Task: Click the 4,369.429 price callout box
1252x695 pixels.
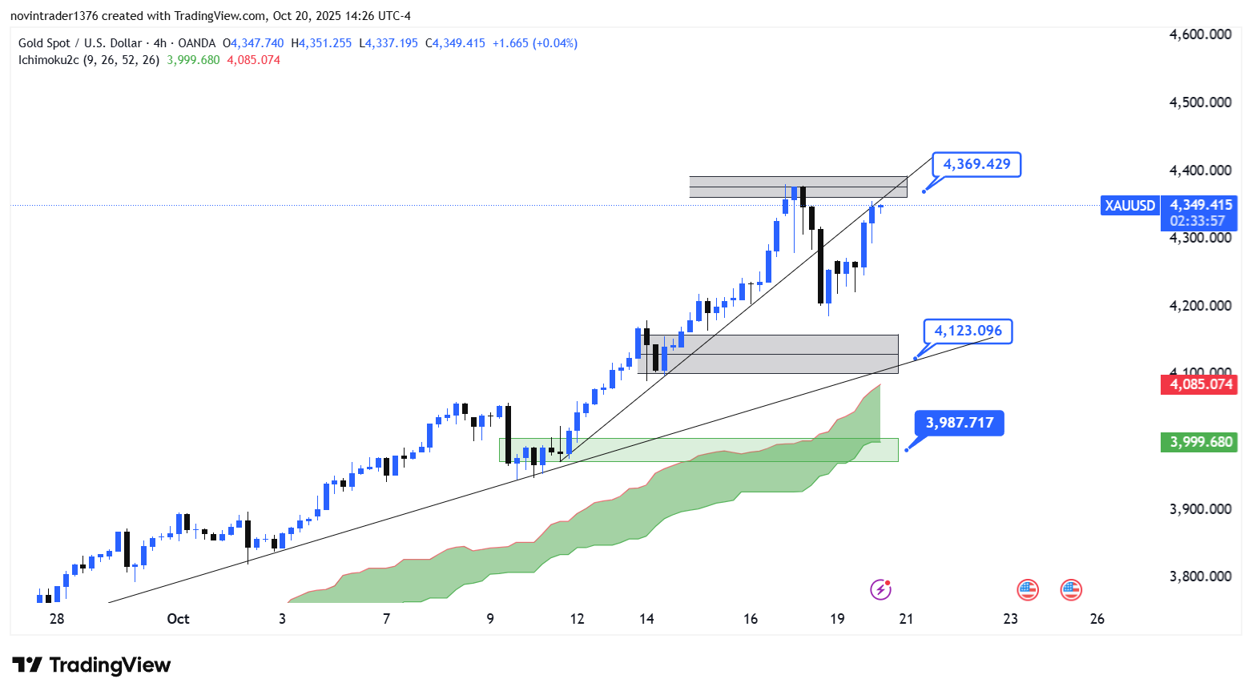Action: pyautogui.click(x=976, y=164)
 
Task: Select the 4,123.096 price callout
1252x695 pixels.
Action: pyautogui.click(x=968, y=331)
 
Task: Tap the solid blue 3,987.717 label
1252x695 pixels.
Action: pyautogui.click(x=959, y=423)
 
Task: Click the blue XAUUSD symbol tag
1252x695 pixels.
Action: pyautogui.click(x=1129, y=206)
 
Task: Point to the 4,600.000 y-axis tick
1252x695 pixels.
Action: pyautogui.click(x=1200, y=34)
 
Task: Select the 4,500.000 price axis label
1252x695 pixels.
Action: pyautogui.click(x=1200, y=102)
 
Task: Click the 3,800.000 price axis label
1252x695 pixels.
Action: pyautogui.click(x=1200, y=576)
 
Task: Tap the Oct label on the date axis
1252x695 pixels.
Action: pyautogui.click(x=178, y=619)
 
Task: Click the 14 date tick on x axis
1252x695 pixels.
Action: pyautogui.click(x=646, y=619)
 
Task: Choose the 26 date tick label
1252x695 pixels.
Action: pyautogui.click(x=1097, y=619)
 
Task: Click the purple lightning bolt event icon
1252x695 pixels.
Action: pyautogui.click(x=881, y=590)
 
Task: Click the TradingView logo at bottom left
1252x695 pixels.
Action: pyautogui.click(x=91, y=665)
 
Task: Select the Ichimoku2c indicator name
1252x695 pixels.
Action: pyautogui.click(x=48, y=60)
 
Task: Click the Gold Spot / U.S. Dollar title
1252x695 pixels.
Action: pyautogui.click(x=80, y=43)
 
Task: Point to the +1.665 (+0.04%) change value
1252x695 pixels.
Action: pyautogui.click(x=534, y=43)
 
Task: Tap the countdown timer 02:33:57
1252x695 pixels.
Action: pyautogui.click(x=1198, y=221)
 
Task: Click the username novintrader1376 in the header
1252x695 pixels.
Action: pyautogui.click(x=54, y=16)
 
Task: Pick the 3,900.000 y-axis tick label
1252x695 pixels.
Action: pyautogui.click(x=1200, y=509)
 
